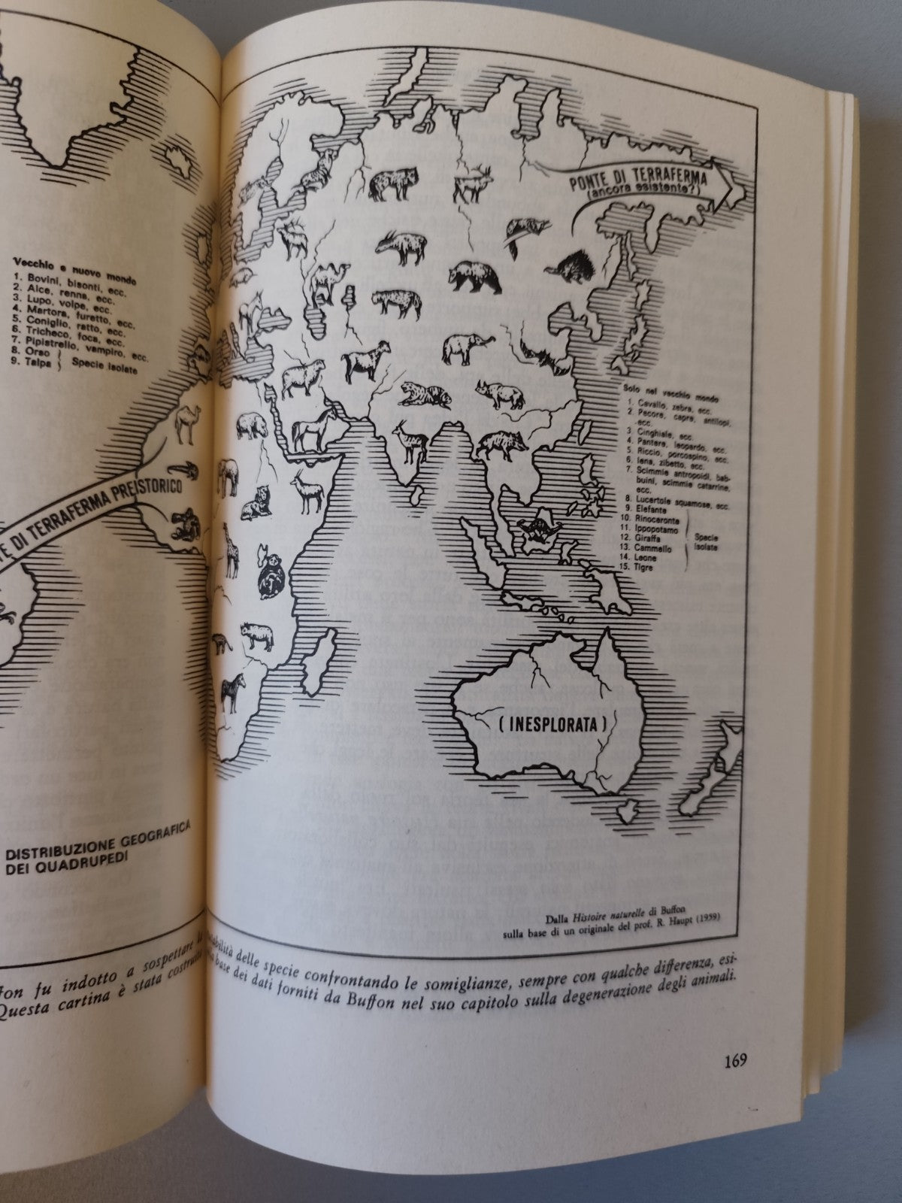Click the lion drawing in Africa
coord(256,502)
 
